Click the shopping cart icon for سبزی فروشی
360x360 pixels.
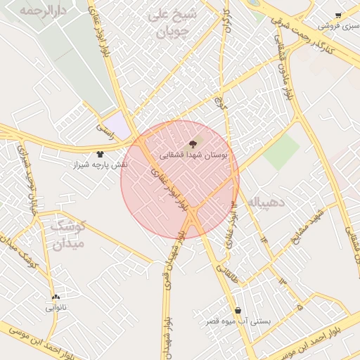[338, 15]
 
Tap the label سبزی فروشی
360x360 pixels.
[338, 26]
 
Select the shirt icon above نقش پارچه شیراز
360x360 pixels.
[100, 154]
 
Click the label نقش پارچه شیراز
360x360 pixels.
[101, 165]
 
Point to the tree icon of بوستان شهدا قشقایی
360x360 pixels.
[193, 143]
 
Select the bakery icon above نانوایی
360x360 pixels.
[56, 297]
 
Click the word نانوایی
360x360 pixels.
[56, 307]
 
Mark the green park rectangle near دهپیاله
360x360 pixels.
[281, 152]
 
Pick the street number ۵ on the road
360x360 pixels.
[300, 307]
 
